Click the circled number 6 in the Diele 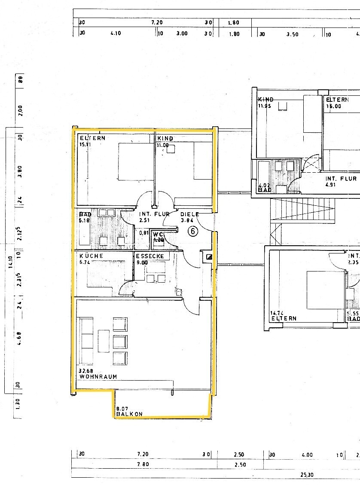[193, 232]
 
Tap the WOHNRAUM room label [98, 377]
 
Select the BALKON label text [129, 414]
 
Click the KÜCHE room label [91, 256]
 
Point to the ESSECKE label [150, 256]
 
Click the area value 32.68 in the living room [86, 371]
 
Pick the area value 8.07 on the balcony [122, 409]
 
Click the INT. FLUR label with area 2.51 [154, 214]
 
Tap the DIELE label [189, 214]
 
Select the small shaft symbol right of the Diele [209, 257]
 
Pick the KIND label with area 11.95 [265, 99]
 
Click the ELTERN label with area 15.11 [92, 138]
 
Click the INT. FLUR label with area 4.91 [341, 179]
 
